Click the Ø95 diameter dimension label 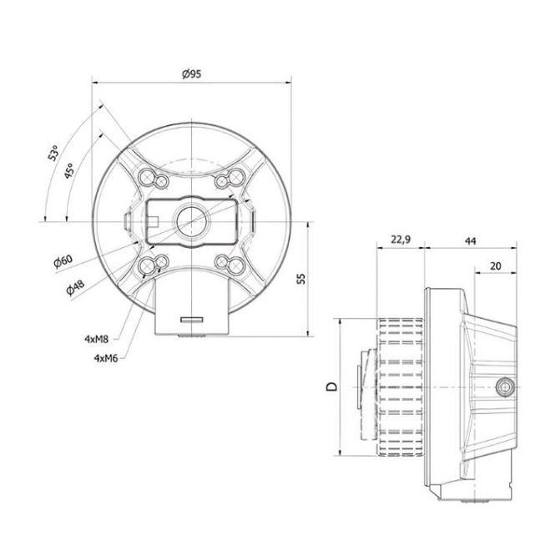tap(191, 73)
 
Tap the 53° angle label tap(53, 153)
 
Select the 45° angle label tap(69, 170)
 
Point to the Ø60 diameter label tap(63, 261)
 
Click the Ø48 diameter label tap(75, 286)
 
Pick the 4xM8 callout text tap(96, 339)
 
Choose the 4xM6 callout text tap(106, 358)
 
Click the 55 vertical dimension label tap(301, 279)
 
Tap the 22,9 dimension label tap(401, 240)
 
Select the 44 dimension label tap(470, 241)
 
